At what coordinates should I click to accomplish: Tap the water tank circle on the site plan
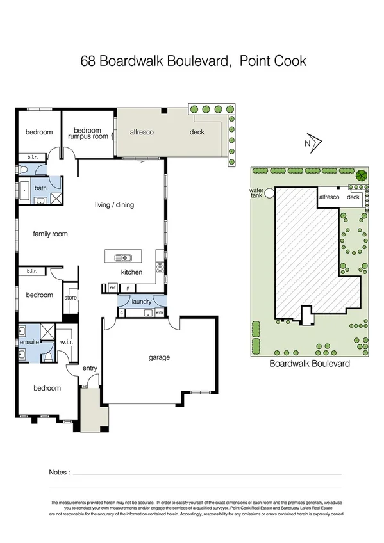click(271, 191)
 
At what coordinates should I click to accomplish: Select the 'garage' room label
click(159, 357)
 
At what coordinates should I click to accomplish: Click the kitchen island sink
click(123, 258)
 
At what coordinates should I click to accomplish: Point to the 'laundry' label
click(141, 302)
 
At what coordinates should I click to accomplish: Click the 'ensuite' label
click(29, 342)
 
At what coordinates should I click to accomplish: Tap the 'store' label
click(71, 298)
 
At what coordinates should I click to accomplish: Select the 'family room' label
click(50, 234)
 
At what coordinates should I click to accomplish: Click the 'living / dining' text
click(114, 205)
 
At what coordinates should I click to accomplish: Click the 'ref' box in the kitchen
click(112, 289)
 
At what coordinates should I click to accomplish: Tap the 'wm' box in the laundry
click(159, 312)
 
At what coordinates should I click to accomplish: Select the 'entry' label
click(90, 368)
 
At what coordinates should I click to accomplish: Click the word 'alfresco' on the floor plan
click(140, 133)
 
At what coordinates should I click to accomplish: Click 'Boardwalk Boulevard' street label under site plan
click(309, 363)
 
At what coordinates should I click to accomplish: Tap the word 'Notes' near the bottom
click(59, 473)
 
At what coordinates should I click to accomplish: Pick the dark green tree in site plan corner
click(362, 175)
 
